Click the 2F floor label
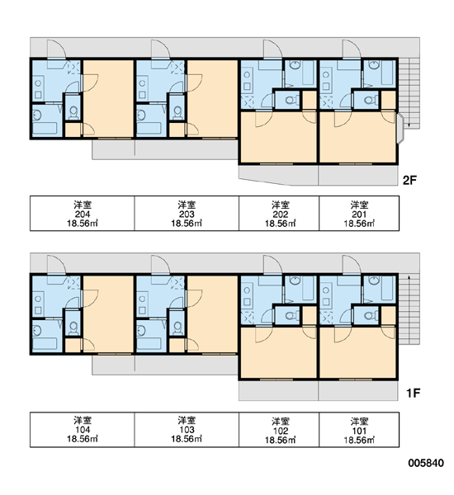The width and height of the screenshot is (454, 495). point(409,180)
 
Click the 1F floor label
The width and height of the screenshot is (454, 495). point(413,393)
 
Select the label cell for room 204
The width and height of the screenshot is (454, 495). point(83,214)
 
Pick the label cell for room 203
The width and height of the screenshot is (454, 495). point(187,214)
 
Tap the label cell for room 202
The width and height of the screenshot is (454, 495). point(279,214)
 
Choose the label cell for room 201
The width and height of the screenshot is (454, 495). point(359,214)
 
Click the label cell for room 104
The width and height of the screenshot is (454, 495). point(83,429)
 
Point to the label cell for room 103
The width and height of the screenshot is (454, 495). point(187,429)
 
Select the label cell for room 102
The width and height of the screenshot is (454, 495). point(279,429)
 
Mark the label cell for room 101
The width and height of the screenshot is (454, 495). point(359,429)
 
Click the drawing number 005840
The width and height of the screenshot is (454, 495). point(426,463)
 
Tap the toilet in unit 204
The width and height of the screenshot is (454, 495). point(73,113)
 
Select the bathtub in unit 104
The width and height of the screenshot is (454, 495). point(45,344)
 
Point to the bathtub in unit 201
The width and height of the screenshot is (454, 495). point(387,73)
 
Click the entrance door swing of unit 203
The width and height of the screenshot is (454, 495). point(161,49)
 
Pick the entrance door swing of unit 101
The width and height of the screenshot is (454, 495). point(352,265)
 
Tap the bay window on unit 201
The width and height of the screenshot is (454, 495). point(400,129)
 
